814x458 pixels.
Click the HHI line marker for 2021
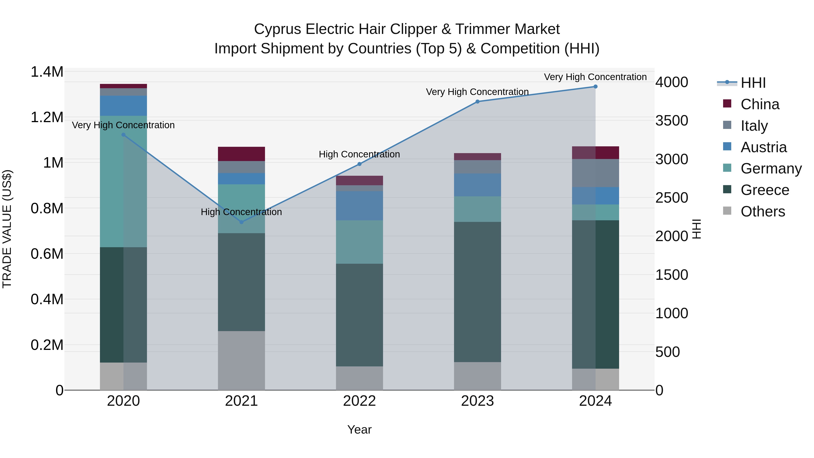point(241,222)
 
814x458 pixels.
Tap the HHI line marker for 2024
point(595,87)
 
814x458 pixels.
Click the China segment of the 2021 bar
point(241,154)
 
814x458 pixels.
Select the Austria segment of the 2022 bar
point(359,205)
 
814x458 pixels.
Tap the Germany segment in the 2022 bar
point(359,242)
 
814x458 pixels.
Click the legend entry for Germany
point(771,168)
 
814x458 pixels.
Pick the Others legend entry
point(762,211)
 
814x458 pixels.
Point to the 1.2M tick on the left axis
point(47,117)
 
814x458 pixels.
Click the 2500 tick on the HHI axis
point(672,198)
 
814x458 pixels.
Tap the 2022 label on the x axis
point(359,401)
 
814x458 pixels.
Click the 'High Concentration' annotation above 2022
point(359,154)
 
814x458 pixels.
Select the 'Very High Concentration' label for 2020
point(123,125)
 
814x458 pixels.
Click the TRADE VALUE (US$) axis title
point(7,229)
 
